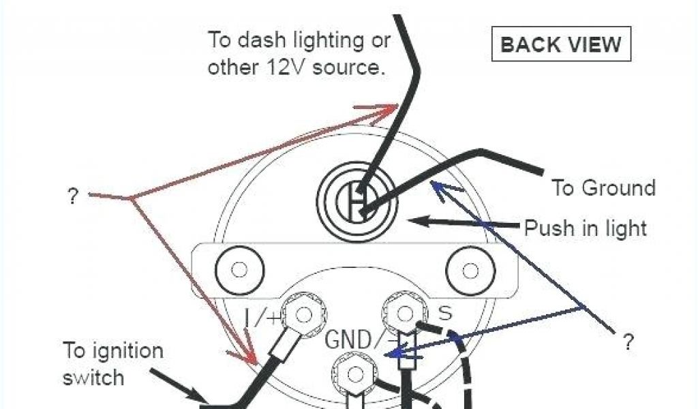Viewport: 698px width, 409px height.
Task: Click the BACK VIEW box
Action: click(560, 45)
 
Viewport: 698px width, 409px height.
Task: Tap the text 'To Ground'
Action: click(603, 188)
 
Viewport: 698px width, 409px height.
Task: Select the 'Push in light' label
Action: click(585, 228)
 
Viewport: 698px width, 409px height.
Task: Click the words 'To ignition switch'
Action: click(113, 363)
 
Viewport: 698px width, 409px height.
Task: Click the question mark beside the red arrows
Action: click(72, 197)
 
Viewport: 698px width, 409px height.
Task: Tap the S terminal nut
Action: click(404, 314)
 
